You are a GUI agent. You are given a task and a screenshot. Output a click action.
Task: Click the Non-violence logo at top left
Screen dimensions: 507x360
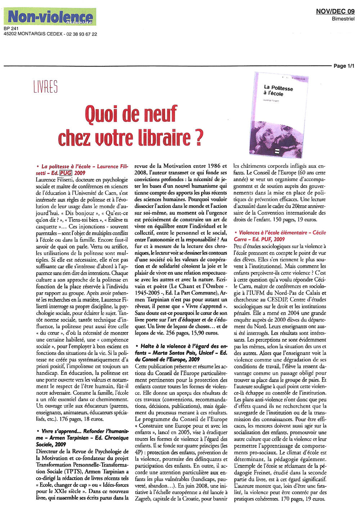(x=50, y=17)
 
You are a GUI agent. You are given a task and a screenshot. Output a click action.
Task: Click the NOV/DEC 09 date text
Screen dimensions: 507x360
(x=335, y=12)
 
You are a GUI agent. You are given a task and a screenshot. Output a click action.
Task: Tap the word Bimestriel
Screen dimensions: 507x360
(x=343, y=19)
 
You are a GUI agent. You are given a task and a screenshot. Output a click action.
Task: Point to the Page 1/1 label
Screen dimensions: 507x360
(x=344, y=66)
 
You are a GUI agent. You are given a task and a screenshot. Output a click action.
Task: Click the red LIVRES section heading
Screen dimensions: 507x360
(x=45, y=87)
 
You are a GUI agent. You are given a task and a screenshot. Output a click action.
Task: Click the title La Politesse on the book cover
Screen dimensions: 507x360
(x=278, y=88)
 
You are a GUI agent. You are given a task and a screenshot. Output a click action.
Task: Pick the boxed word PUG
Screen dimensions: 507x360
(x=66, y=173)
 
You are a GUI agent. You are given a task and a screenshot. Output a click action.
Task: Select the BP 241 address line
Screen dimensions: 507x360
(x=11, y=28)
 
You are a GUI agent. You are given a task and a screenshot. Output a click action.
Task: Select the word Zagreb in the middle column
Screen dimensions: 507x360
(x=143, y=499)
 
